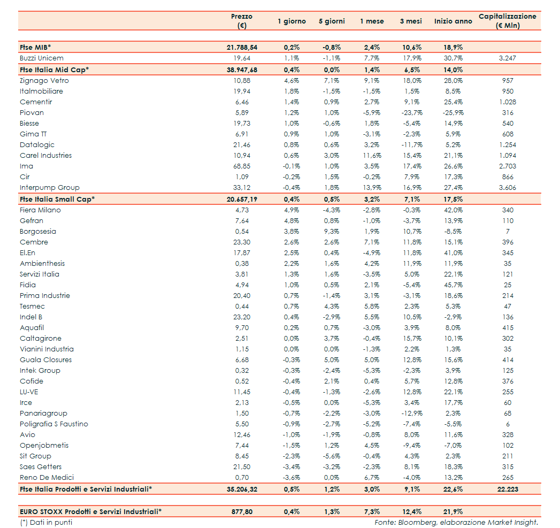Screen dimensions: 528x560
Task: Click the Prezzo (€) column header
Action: pos(242,21)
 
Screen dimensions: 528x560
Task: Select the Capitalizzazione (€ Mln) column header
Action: pos(507,21)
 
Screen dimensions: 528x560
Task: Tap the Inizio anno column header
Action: pos(453,21)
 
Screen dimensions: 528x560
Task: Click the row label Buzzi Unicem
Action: pos(42,58)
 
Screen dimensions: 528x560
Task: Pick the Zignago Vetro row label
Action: pos(44,81)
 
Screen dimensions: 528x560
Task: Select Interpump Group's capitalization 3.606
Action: pos(508,188)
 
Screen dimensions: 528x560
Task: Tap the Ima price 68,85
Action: pos(242,166)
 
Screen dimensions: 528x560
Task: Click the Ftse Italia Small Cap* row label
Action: pos(57,199)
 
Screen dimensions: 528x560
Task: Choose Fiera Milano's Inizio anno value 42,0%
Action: pos(453,210)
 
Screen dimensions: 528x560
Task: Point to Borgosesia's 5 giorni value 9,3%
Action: pos(332,232)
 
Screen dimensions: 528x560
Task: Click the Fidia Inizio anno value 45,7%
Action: pos(453,285)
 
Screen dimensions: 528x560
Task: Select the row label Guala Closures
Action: pos(46,360)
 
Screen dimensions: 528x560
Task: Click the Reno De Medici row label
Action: pos(47,478)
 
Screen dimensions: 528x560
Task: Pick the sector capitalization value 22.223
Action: pos(508,488)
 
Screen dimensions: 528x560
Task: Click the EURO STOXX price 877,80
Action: pos(242,511)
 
